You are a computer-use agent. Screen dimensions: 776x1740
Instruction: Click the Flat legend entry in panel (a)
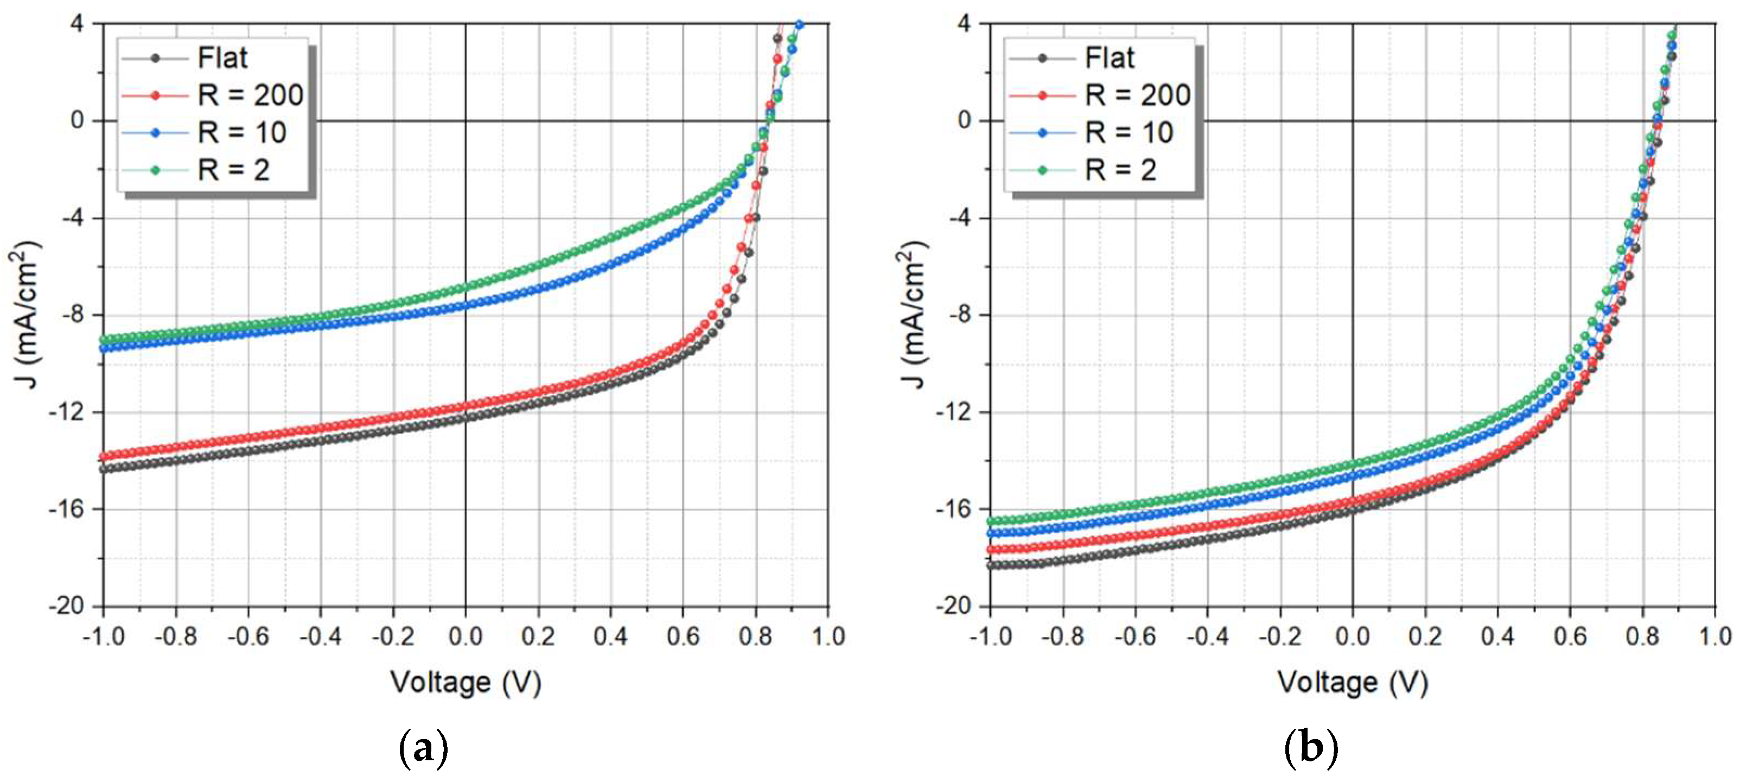click(221, 58)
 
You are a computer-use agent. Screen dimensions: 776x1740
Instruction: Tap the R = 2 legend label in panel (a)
click(233, 170)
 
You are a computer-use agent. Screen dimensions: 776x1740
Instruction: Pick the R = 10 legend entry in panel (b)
click(1129, 132)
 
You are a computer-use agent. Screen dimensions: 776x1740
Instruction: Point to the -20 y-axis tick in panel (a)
click(67, 606)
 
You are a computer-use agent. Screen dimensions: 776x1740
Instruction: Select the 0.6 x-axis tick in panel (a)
click(683, 636)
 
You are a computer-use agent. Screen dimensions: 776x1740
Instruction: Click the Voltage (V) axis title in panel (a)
click(466, 682)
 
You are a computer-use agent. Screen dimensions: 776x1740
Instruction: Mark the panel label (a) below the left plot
click(424, 748)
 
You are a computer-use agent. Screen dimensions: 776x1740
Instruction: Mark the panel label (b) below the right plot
click(1310, 748)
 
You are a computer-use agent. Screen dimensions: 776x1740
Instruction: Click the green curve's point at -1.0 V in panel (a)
click(104, 340)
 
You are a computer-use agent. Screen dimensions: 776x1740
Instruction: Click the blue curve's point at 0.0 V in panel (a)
click(466, 306)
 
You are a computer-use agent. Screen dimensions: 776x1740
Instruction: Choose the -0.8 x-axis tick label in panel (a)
click(176, 636)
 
